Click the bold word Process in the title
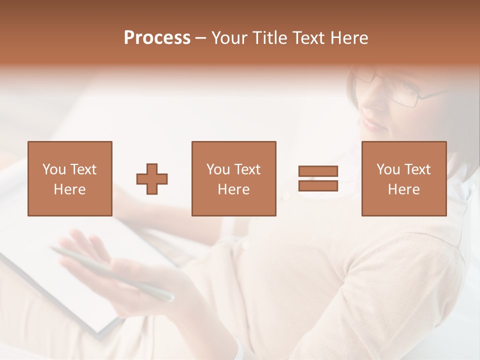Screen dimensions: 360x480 pyautogui.click(x=157, y=38)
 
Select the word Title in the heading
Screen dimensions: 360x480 pyautogui.click(x=270, y=38)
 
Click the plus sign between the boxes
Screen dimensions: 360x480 pyautogui.click(x=152, y=179)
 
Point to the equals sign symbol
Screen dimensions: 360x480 pyautogui.click(x=318, y=178)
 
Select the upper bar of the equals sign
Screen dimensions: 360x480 pyautogui.click(x=318, y=171)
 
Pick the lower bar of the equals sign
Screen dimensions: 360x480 pyautogui.click(x=318, y=186)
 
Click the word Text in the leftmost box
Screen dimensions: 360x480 pyautogui.click(x=83, y=169)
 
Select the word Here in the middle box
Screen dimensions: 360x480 pyautogui.click(x=234, y=189)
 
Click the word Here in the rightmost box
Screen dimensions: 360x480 pyautogui.click(x=404, y=189)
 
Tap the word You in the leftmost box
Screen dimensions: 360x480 pyautogui.click(x=53, y=169)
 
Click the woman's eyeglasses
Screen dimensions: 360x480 pyautogui.click(x=395, y=90)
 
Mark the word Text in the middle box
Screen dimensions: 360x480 pyautogui.click(x=247, y=169)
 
